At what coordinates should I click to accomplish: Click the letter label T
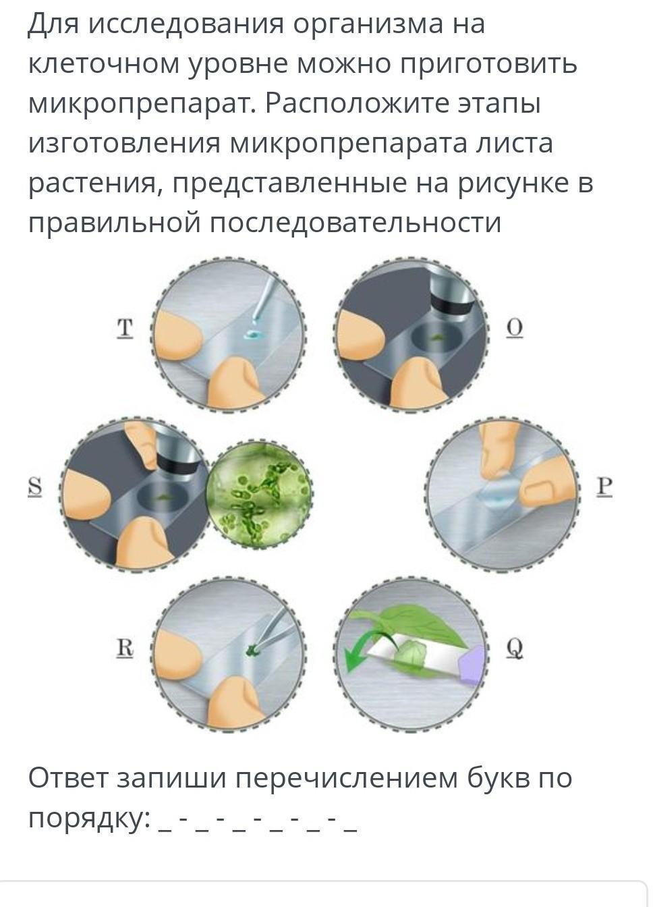(x=125, y=328)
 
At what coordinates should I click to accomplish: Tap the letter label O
(x=515, y=328)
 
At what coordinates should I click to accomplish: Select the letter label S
(x=35, y=487)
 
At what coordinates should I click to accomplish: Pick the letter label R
(x=125, y=647)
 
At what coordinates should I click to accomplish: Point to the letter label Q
(x=515, y=649)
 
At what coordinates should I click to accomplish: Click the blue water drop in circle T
(x=254, y=334)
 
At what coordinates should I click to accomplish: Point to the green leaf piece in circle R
(x=252, y=651)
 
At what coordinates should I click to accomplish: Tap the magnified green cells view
(x=260, y=493)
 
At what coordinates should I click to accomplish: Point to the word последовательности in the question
(x=355, y=223)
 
